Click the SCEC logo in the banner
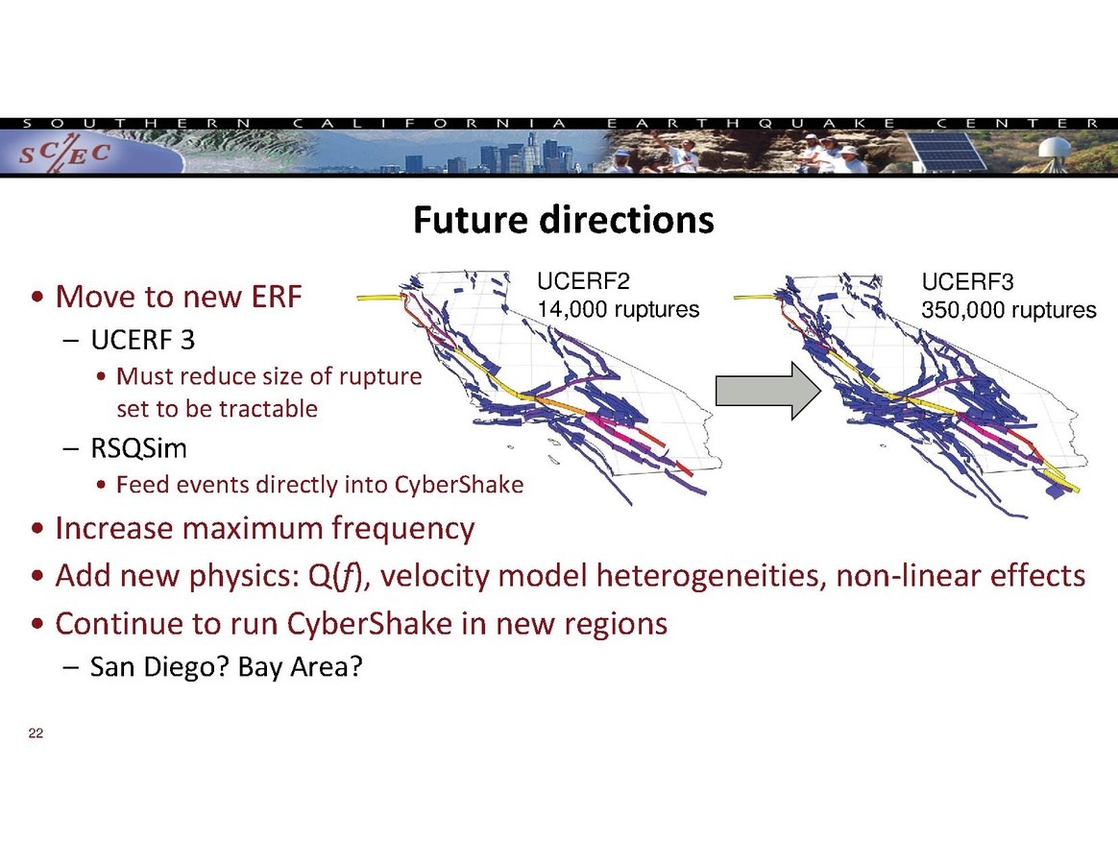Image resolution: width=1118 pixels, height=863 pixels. tap(64, 154)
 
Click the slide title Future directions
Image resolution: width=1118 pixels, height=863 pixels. tap(563, 220)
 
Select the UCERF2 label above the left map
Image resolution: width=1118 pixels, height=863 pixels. tap(583, 281)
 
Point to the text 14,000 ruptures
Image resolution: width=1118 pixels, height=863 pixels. tap(619, 310)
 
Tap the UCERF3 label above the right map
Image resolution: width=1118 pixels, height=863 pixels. tap(967, 282)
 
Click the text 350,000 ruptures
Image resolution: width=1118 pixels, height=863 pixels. tap(1009, 311)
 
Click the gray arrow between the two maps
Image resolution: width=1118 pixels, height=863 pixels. tap(768, 391)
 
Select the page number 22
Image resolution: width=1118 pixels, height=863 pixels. tap(36, 733)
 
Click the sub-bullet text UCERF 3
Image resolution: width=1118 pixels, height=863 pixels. tap(142, 340)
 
